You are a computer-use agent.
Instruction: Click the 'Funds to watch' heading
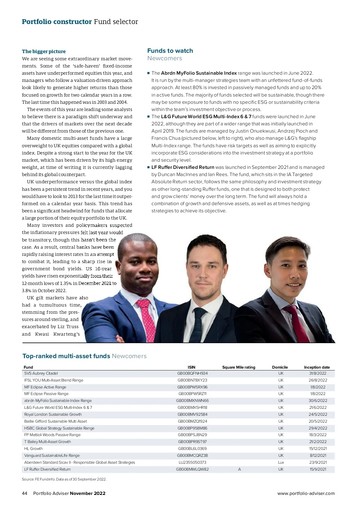[170, 51]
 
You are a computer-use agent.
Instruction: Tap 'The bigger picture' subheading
[43, 51]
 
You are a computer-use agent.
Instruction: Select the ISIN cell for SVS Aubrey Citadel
[192, 373]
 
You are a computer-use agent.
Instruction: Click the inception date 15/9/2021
[318, 469]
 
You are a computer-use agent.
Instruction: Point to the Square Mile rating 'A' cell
[239, 469]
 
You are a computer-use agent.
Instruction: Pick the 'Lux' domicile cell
[281, 462]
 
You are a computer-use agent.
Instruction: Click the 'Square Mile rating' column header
[238, 367]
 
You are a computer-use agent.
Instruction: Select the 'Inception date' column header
[316, 367]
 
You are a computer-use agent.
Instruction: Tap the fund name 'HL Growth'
[33, 448]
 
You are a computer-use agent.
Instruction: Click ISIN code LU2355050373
[192, 462]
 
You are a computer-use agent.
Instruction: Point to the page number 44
[25, 493]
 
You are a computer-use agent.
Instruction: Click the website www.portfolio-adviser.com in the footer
[306, 493]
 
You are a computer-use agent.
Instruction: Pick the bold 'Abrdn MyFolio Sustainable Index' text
[199, 73]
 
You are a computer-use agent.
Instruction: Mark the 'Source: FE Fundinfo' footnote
[64, 479]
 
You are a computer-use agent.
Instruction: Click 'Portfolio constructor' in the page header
[57, 22]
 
